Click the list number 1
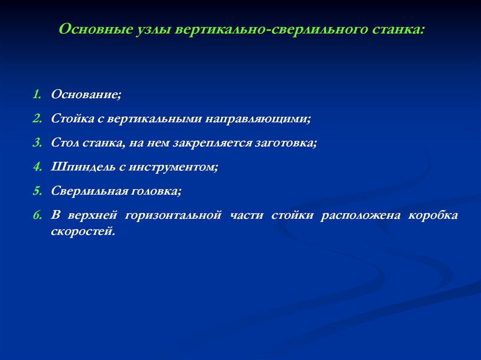click(x=36, y=94)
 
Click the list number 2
click(x=36, y=119)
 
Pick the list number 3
click(x=36, y=143)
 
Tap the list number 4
click(x=36, y=167)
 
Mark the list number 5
click(x=36, y=191)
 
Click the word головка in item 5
click(x=157, y=191)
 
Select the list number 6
click(x=36, y=215)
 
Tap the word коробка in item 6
click(x=433, y=215)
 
